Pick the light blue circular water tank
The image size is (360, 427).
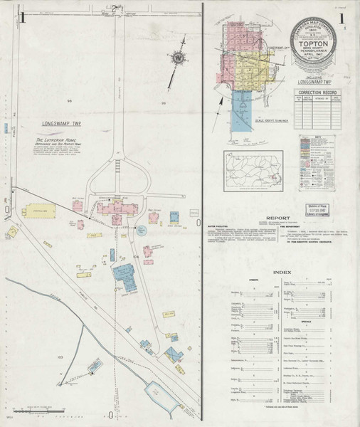pos(141,230)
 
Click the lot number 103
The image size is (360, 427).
pos(60,354)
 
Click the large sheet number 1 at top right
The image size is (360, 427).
pos(342,19)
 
